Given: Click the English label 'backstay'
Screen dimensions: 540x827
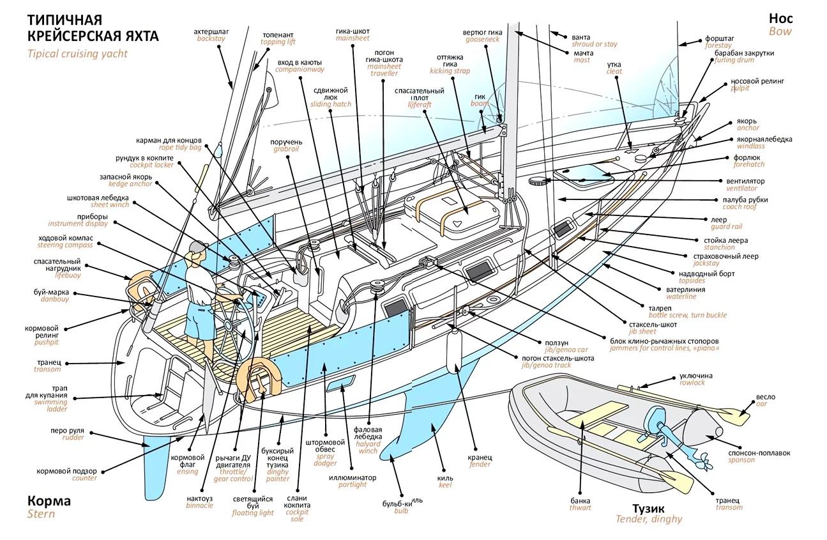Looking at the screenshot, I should (211, 39).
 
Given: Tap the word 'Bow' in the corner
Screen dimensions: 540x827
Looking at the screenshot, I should (780, 31).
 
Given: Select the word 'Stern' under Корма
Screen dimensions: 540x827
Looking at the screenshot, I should (41, 514).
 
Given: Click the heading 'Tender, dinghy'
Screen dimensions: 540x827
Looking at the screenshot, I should (648, 519).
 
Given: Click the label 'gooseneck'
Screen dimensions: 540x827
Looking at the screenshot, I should (485, 39).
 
